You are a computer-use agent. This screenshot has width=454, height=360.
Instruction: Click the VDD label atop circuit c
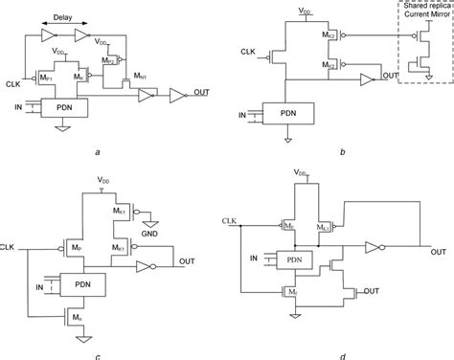103,179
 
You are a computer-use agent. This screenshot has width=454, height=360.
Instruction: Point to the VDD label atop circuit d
303,173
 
